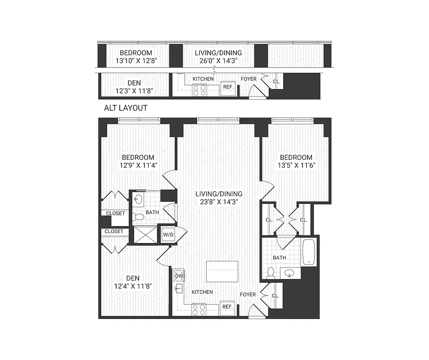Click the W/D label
pos(168,234)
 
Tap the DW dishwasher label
pos(179,276)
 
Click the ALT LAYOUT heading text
pos(126,108)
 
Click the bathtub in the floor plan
pos(309,252)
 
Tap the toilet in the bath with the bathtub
pos(271,272)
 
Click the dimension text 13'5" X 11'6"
pos(296,165)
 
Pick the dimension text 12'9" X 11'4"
pos(138,165)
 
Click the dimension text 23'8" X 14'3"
pos(219,202)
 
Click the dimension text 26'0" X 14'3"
pos(218,61)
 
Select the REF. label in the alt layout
pos(228,86)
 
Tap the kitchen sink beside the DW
pos(178,289)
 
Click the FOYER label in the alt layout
pos(248,79)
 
